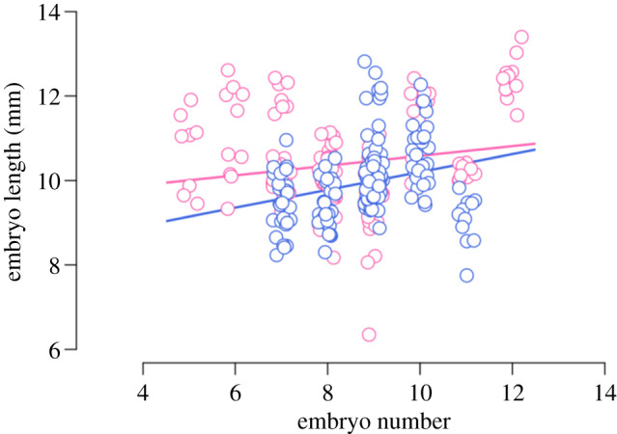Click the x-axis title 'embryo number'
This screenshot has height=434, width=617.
(x=374, y=420)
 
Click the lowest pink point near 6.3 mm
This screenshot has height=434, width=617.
(x=369, y=335)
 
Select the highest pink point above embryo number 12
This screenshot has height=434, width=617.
(x=521, y=38)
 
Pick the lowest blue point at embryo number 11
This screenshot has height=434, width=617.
(x=466, y=275)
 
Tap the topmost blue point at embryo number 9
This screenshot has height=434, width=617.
(x=365, y=62)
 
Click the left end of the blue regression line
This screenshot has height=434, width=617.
(x=166, y=221)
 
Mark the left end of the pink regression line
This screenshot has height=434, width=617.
(x=166, y=182)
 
